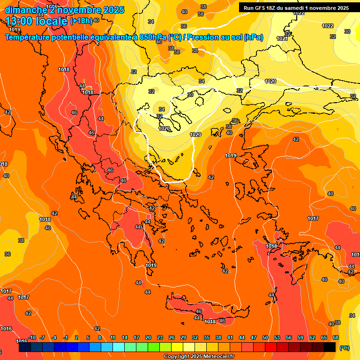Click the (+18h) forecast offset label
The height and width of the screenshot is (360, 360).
point(81,21)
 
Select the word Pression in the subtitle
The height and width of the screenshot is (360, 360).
point(204,37)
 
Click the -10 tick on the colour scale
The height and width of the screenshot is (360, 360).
point(32,338)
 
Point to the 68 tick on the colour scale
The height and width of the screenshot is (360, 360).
point(336,338)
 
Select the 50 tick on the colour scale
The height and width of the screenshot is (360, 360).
point(265,338)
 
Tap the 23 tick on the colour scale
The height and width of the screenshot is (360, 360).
point(160,338)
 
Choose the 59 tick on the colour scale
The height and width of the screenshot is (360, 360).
point(300,338)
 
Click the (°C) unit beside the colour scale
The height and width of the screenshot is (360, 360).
point(344,348)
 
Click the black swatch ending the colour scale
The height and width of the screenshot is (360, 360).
point(330,348)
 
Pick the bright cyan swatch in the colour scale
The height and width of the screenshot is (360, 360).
point(119,348)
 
